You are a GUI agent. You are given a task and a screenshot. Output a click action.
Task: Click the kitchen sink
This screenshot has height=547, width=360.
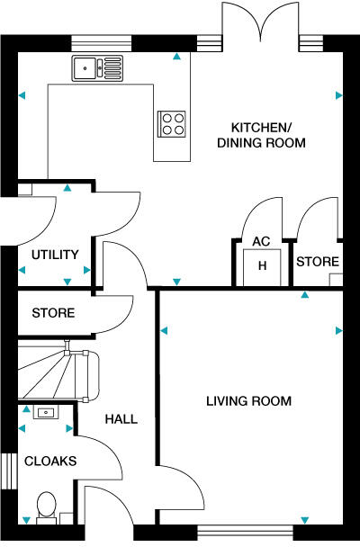[x=98, y=68]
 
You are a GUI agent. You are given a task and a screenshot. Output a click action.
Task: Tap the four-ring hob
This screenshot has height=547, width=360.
[x=171, y=124]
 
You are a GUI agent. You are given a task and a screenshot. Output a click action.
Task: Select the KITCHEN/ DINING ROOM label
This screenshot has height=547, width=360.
[x=261, y=135]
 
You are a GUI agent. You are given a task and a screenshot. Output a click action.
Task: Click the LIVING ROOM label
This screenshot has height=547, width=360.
[x=248, y=401]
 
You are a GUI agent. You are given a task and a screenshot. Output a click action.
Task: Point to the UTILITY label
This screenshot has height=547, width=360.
[x=55, y=255]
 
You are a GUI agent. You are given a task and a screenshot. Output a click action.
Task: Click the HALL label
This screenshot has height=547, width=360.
[x=121, y=419]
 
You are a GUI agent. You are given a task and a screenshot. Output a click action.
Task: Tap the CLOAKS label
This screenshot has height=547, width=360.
[x=50, y=462]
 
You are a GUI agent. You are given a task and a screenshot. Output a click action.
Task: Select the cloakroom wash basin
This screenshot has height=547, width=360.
[x=46, y=412]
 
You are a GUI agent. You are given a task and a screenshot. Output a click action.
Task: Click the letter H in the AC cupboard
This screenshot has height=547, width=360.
[x=262, y=265]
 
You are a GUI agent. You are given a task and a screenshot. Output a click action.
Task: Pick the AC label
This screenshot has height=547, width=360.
[x=261, y=241]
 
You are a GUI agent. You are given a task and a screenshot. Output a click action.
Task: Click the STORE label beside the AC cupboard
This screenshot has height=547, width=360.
[x=318, y=262]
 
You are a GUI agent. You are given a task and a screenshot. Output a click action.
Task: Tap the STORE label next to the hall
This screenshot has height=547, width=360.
[x=53, y=313]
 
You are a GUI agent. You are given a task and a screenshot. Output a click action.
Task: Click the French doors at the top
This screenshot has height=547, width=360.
[x=261, y=22]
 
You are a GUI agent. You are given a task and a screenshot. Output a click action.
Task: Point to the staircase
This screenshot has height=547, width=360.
[x=58, y=372]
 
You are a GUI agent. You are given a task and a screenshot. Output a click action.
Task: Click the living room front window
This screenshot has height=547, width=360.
[x=245, y=533]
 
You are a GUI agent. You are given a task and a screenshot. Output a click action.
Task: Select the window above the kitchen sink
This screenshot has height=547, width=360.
[x=102, y=43]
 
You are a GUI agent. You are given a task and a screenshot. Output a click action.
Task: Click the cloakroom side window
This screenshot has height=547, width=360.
[x=9, y=471]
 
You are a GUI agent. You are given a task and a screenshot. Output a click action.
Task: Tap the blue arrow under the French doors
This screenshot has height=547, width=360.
[x=177, y=56]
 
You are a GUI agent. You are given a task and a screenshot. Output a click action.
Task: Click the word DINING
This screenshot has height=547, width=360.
[x=239, y=143]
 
